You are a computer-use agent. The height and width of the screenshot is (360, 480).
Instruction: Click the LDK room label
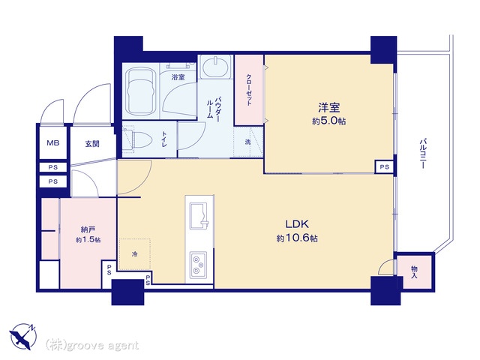point(297,224)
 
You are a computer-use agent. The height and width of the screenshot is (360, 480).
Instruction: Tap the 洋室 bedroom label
point(329,108)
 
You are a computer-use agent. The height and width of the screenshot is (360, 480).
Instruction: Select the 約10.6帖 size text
point(297,238)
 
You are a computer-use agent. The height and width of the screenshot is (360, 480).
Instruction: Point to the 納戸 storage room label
point(88,229)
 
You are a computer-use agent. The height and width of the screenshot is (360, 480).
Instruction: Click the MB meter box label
point(53,143)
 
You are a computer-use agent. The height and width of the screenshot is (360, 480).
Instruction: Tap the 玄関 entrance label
point(92,143)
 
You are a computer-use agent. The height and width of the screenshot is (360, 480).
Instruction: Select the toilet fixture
point(137,140)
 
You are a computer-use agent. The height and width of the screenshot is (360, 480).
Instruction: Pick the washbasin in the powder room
point(216,67)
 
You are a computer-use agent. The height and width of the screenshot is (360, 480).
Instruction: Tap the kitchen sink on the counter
point(199,215)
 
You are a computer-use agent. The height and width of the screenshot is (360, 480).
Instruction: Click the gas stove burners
point(198,265)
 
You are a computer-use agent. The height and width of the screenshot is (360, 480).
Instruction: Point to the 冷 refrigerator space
point(135,254)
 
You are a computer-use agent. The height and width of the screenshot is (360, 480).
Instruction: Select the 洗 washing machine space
point(248,142)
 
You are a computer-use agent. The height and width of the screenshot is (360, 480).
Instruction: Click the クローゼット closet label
point(249,90)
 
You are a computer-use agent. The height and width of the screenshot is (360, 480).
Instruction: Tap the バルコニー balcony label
point(422,154)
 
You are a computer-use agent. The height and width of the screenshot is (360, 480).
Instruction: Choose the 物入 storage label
point(414,272)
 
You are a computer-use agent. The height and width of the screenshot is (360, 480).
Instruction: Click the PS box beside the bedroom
point(385,166)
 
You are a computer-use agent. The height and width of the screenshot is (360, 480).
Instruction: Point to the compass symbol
point(23,336)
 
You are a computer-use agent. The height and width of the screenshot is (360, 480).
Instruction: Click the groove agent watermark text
point(92,346)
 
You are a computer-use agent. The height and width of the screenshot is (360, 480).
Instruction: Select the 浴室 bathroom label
point(178,76)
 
